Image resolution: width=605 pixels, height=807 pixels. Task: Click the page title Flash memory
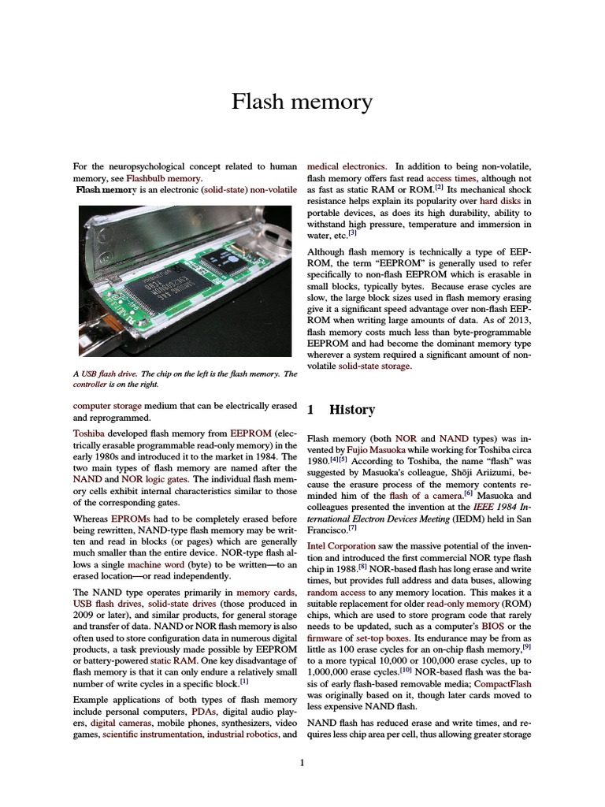[302, 102]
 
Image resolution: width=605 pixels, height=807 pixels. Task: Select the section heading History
[352, 410]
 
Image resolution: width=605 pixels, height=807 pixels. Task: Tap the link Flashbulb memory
[156, 179]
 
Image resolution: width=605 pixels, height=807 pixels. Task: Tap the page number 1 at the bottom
[302, 762]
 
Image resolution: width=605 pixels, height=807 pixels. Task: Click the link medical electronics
[346, 167]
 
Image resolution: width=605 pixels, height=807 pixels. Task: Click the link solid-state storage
[374, 366]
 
